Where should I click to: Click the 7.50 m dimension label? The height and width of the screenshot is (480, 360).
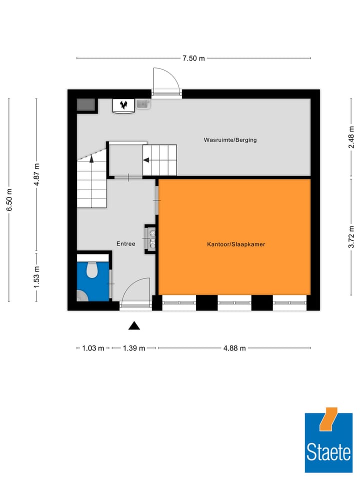[193, 58]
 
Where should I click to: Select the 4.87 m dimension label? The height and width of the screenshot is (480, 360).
[36, 174]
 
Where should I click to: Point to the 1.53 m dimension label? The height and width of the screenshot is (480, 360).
[36, 276]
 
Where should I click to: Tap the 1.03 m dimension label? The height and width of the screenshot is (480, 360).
[93, 348]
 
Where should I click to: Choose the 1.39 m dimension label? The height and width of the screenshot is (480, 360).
[133, 348]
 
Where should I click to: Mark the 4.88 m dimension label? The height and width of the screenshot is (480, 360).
[234, 348]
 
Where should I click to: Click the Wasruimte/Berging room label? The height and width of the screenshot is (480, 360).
[230, 140]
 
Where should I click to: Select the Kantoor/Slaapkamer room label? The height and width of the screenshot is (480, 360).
[236, 244]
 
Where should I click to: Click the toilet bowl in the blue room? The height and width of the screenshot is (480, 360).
[91, 270]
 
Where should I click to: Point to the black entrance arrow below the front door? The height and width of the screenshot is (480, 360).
[133, 326]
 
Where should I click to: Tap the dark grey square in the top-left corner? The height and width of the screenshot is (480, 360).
[86, 105]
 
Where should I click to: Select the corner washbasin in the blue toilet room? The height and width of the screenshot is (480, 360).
[82, 296]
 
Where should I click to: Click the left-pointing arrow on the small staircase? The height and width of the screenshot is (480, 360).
[147, 160]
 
